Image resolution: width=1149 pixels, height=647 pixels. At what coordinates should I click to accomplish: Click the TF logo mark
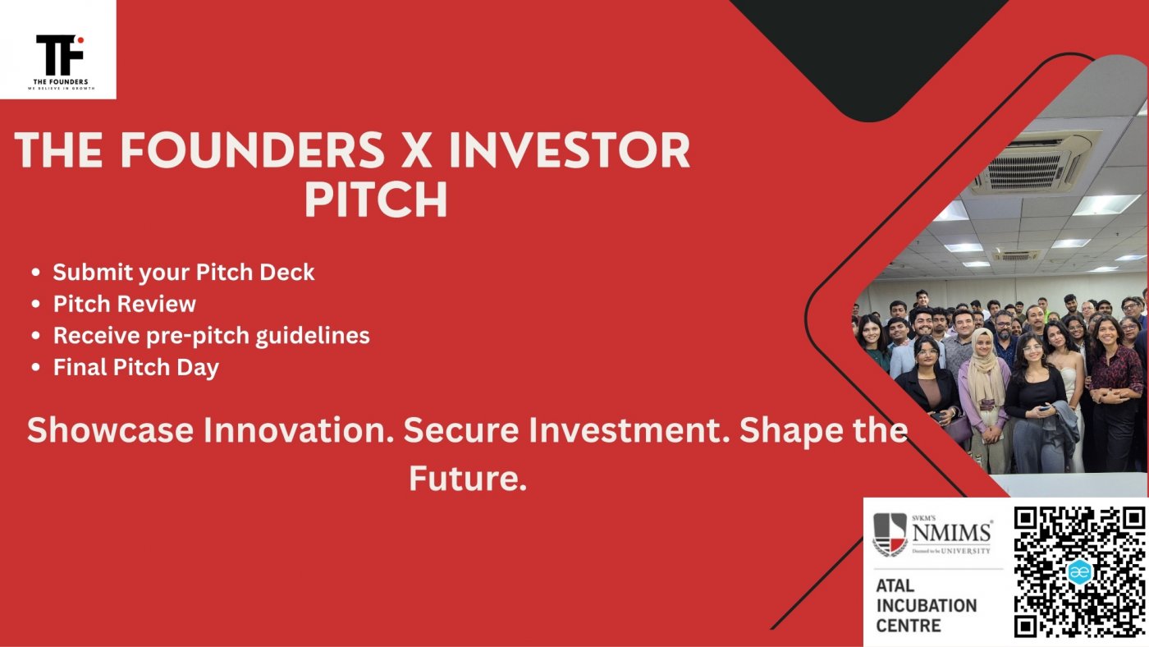coord(59,54)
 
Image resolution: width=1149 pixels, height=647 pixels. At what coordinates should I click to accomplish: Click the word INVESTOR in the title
coord(570,150)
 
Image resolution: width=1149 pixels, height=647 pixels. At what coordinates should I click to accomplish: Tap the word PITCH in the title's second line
coord(376,200)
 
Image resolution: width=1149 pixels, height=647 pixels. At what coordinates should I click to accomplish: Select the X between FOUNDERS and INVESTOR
coord(416,150)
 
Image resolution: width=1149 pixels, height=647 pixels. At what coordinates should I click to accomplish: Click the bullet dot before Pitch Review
coord(35,304)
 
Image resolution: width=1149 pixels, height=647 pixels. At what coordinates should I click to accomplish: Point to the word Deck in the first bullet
coord(286,272)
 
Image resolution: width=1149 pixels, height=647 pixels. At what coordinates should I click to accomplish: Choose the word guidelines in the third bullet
coord(313,336)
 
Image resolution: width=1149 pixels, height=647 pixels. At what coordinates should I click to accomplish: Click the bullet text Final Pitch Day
coord(136,368)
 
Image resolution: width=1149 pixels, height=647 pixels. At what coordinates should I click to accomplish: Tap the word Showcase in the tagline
coord(110,429)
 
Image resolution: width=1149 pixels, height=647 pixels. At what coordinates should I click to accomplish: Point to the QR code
coord(1079,571)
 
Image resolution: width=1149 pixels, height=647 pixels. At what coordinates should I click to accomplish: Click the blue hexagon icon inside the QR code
coord(1079,571)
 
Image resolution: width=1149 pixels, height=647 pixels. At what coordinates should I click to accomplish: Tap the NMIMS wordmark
coord(951,533)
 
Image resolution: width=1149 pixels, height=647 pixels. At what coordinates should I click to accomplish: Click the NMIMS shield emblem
coord(890,535)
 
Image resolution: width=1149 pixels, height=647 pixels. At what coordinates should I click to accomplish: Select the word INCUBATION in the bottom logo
coord(927,606)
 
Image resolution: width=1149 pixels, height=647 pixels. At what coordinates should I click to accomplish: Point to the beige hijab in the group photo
coord(984,367)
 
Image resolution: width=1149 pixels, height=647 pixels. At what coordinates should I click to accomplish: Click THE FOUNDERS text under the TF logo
coord(61,81)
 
